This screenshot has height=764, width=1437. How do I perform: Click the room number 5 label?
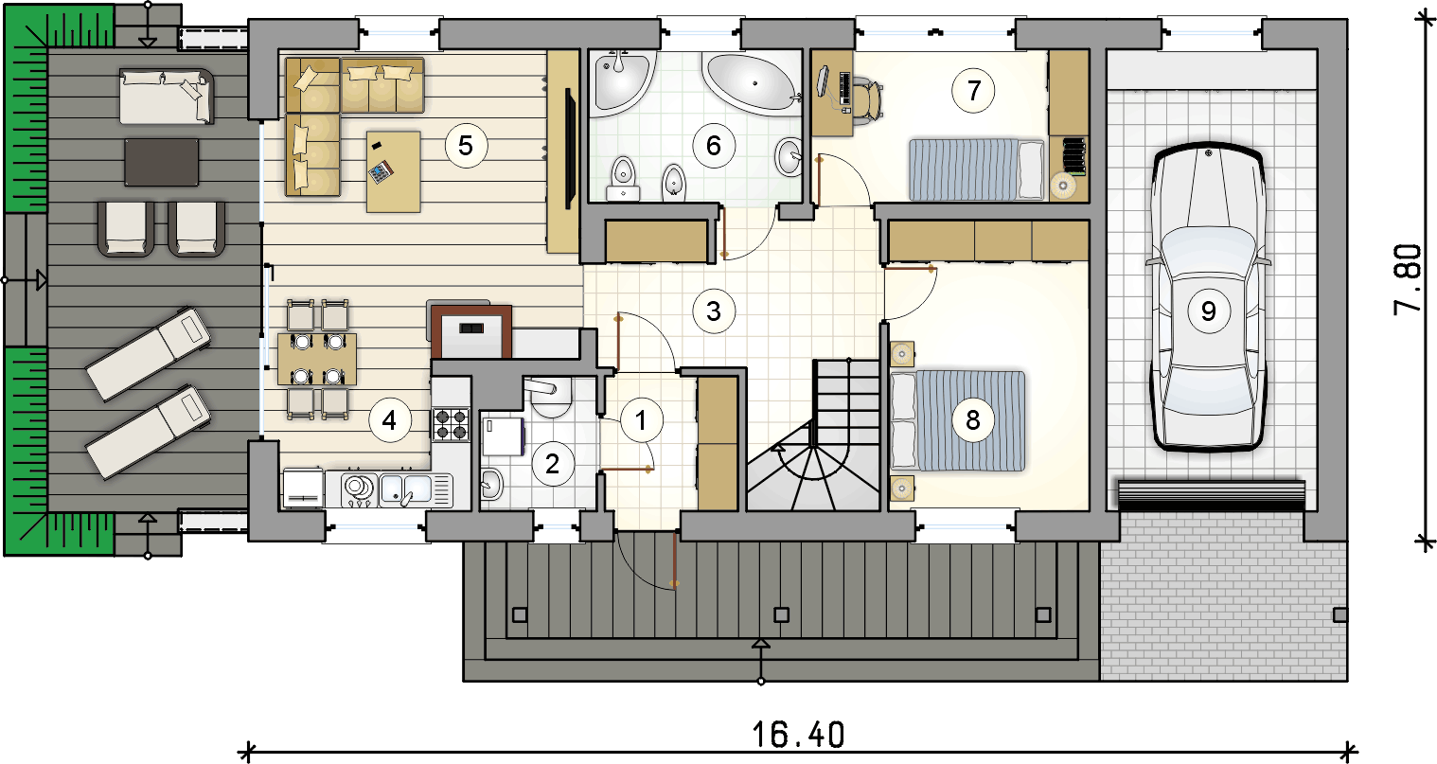tap(467, 146)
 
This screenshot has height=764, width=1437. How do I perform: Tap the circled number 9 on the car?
tap(1209, 311)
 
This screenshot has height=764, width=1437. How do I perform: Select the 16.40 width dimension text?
tap(799, 736)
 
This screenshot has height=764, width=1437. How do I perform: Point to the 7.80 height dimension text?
tap(1409, 279)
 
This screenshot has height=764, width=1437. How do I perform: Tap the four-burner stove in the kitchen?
tap(451, 425)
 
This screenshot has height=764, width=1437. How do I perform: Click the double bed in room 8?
tap(958, 420)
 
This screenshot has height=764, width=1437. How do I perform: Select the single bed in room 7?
tap(976, 170)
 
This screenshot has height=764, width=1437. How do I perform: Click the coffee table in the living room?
tap(393, 171)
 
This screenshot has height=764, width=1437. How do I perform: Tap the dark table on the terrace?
tap(161, 162)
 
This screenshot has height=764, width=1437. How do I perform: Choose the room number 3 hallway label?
tap(714, 311)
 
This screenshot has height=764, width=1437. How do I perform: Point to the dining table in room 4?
tap(317, 359)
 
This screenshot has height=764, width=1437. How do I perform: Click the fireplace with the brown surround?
tap(471, 331)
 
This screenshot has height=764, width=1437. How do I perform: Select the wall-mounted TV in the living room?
tap(568, 149)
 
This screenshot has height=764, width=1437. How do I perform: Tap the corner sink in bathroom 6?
tap(619, 82)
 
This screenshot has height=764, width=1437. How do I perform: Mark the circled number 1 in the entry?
tap(641, 420)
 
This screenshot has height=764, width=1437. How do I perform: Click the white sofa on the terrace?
tap(167, 97)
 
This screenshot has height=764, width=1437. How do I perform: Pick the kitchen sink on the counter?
tap(417, 490)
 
